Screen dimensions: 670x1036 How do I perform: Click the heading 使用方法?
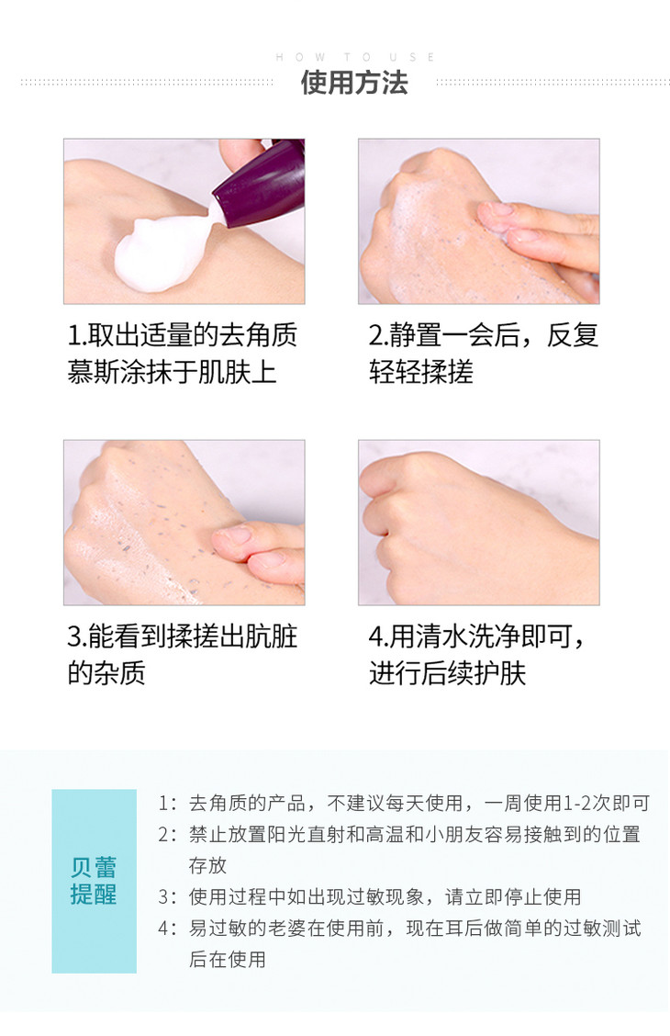(x=354, y=83)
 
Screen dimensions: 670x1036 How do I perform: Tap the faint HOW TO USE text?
(x=354, y=58)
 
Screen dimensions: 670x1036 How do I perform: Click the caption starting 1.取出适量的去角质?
(x=183, y=335)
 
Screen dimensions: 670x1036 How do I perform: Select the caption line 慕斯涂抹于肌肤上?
(x=172, y=372)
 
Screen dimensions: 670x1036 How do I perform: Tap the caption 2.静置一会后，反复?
(x=483, y=335)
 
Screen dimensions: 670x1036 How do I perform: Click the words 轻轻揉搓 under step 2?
(x=421, y=372)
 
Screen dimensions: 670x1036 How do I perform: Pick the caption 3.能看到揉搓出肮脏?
(x=183, y=636)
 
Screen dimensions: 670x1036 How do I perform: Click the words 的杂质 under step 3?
(x=106, y=673)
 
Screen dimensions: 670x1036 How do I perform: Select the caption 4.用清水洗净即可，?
(x=476, y=636)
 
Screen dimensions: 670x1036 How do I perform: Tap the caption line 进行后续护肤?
(x=448, y=673)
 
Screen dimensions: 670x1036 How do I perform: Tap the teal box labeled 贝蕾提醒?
(x=95, y=881)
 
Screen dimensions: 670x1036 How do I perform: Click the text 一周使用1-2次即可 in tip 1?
(x=567, y=803)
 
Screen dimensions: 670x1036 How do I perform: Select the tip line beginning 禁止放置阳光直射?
(x=415, y=835)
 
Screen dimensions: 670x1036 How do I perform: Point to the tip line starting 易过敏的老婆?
(x=415, y=929)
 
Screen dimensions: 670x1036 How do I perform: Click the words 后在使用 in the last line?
(x=227, y=960)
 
